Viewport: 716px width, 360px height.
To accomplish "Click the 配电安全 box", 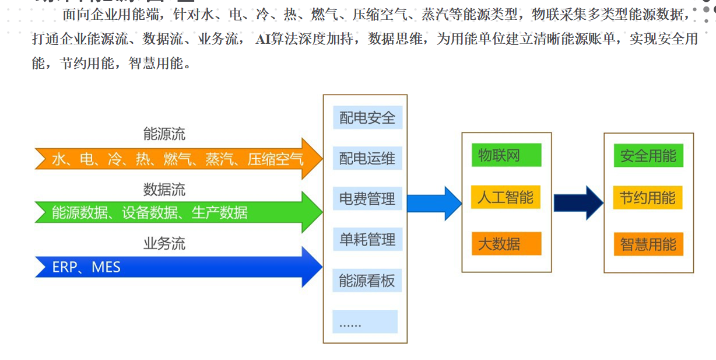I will click(x=367, y=118).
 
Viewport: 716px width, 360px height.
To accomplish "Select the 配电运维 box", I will click(x=367, y=158).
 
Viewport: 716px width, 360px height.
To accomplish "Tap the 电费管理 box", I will click(x=367, y=199).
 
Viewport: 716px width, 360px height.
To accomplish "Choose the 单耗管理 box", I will click(x=367, y=239).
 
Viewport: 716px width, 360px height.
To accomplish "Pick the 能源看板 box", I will click(x=367, y=281).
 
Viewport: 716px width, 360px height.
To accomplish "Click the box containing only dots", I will click(x=365, y=321).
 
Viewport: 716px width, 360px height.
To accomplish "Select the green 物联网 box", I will click(x=506, y=155).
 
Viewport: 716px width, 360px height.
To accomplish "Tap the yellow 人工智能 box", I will click(x=506, y=197).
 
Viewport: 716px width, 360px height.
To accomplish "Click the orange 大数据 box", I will click(x=506, y=243).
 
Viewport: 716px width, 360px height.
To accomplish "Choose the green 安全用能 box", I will click(x=648, y=156).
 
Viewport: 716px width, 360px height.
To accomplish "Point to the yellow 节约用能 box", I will click(x=648, y=198).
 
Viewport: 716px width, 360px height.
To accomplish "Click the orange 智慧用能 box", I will click(x=648, y=244).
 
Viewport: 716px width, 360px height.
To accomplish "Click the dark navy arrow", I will click(x=578, y=202).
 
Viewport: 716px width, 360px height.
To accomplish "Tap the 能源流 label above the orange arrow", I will click(x=164, y=134).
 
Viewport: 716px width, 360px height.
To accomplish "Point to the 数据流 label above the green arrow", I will click(x=164, y=189).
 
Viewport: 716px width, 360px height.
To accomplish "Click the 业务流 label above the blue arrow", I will click(x=164, y=243).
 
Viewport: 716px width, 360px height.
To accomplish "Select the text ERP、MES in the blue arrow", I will click(x=86, y=267).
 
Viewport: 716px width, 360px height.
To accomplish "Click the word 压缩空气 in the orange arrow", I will click(x=275, y=159).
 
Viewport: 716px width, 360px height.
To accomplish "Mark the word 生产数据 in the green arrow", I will click(x=220, y=213).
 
